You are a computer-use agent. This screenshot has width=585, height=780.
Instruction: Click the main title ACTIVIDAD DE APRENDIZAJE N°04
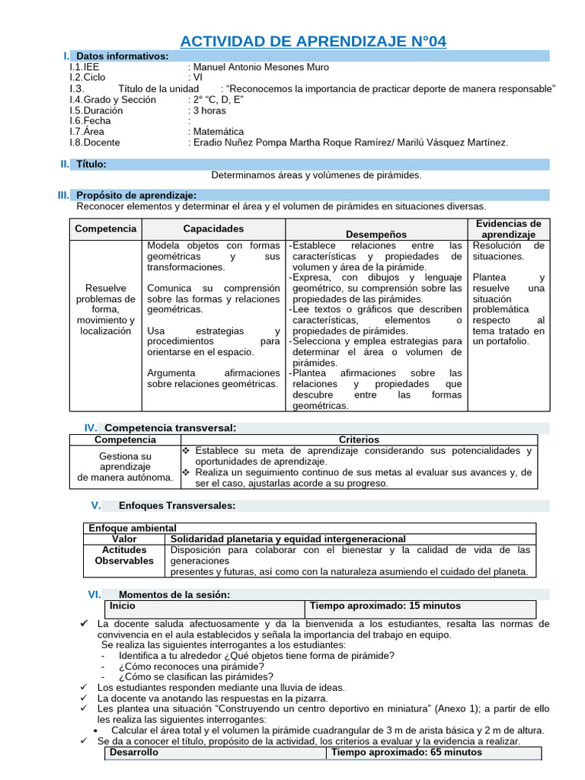(313, 40)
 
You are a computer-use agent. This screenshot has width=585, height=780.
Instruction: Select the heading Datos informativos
(123, 56)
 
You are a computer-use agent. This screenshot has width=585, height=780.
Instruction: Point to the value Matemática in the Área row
(219, 132)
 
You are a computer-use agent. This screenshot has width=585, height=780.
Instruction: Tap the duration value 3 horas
(209, 110)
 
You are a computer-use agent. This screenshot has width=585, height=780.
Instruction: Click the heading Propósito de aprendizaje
(136, 196)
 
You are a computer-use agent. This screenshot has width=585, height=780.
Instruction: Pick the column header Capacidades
(213, 229)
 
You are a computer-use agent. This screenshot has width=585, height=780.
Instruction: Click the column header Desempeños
(376, 235)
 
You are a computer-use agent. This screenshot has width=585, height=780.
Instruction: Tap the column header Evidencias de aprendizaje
(508, 229)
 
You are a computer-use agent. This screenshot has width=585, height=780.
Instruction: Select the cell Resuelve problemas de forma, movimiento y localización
(106, 310)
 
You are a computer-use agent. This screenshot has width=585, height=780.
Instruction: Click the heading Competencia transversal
(170, 428)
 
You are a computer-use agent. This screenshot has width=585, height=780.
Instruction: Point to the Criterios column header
(358, 440)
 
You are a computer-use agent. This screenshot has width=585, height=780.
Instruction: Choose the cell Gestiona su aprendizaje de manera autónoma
(125, 467)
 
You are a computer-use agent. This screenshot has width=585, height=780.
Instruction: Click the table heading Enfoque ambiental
(133, 528)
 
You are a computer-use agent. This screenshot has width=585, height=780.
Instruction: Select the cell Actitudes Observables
(123, 555)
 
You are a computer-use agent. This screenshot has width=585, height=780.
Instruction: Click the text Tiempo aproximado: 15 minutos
(385, 606)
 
